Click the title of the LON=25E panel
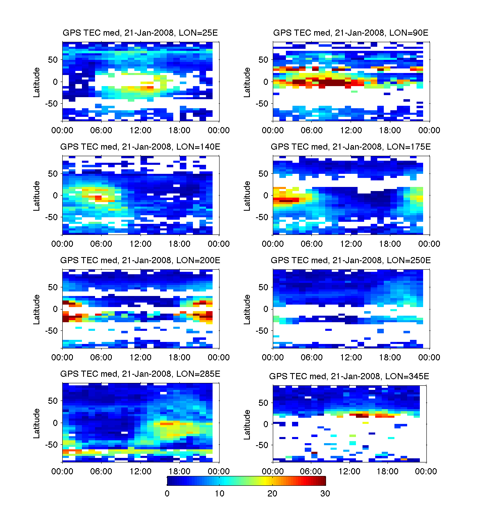tap(140, 33)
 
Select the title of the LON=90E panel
tap(351, 33)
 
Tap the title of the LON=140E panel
tap(140, 147)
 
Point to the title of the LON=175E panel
tap(351, 147)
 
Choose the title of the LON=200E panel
tap(140, 260)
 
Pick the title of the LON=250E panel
tap(351, 260)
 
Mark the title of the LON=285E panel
tap(140, 374)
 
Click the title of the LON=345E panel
tap(349, 376)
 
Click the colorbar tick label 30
tap(325, 494)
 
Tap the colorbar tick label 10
tap(220, 494)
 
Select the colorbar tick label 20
tap(272, 494)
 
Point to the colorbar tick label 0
tap(167, 494)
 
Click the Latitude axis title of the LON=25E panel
tap(37, 82)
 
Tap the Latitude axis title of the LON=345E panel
tap(247, 425)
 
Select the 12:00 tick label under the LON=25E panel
tap(140, 130)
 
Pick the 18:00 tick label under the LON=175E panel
tap(390, 244)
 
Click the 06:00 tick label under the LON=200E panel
tap(101, 357)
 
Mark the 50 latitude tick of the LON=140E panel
tap(53, 173)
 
